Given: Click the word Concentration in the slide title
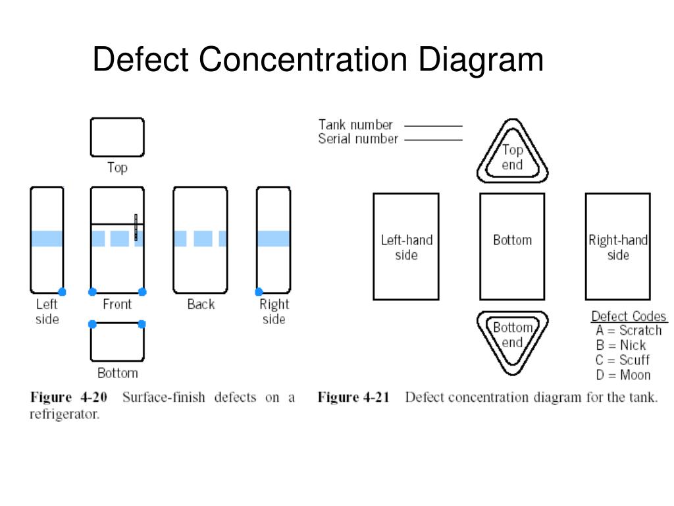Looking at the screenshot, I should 303,60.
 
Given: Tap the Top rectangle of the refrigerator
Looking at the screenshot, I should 117,137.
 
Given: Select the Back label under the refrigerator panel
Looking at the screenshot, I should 201,304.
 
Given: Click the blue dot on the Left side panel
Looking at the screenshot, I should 62,292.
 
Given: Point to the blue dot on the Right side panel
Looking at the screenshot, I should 259,292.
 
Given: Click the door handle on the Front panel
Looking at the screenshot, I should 136,227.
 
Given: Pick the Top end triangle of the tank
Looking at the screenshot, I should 512,153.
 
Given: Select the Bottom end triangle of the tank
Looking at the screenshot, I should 512,339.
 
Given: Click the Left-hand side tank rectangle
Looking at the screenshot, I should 406,246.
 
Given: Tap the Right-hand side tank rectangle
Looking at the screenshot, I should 617,246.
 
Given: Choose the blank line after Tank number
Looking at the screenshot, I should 433,125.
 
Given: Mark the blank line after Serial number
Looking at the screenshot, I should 433,140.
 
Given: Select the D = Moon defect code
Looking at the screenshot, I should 623,376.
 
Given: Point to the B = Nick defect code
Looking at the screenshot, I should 621,345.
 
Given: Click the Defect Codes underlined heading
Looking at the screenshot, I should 629,316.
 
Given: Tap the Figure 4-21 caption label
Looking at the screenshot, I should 353,398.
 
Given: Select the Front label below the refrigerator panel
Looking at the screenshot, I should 117,304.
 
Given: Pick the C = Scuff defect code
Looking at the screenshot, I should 623,360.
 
